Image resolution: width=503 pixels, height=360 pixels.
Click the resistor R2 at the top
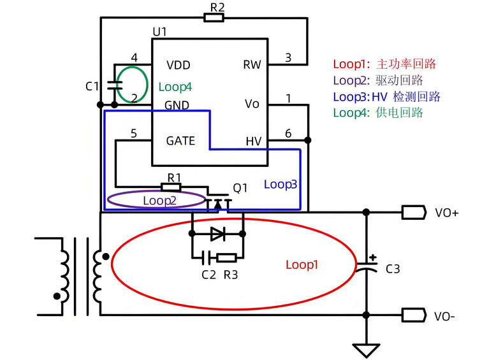214,17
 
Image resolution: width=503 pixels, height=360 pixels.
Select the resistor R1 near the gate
171,187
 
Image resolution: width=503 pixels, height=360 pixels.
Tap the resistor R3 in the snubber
227,257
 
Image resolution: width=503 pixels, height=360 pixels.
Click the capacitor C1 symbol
114,85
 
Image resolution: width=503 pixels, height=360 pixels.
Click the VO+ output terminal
414,213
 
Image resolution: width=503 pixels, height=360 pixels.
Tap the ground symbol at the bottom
366,349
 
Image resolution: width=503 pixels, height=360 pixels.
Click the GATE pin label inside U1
180,141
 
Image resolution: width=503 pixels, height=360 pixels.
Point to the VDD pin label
178,65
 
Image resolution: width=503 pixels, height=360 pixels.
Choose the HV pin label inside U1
253,141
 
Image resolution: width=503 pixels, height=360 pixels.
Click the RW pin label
252,65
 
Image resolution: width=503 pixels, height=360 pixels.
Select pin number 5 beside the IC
133,133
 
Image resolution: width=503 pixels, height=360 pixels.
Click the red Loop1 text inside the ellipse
302,264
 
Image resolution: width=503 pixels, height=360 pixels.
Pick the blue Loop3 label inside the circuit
281,184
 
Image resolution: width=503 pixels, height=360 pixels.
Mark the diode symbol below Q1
217,234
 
